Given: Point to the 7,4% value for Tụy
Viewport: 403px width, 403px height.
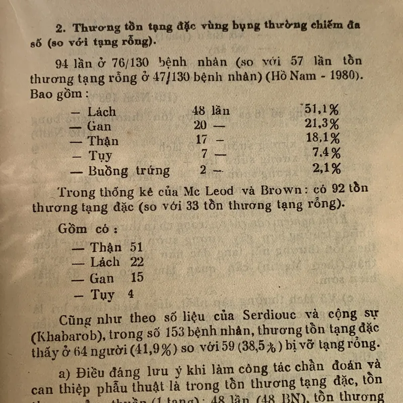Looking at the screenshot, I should tap(326, 153).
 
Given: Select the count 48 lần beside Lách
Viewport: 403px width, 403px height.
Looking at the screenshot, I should tap(210, 111).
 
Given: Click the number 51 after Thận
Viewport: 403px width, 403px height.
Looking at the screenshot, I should tap(136, 247).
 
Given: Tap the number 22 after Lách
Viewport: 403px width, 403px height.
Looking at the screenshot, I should tap(137, 261).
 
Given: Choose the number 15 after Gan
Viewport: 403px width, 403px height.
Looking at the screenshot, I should tap(137, 277).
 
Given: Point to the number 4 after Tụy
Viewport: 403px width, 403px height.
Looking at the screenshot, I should tap(131, 294).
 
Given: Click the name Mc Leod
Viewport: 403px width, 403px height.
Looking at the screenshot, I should tap(208, 191).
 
